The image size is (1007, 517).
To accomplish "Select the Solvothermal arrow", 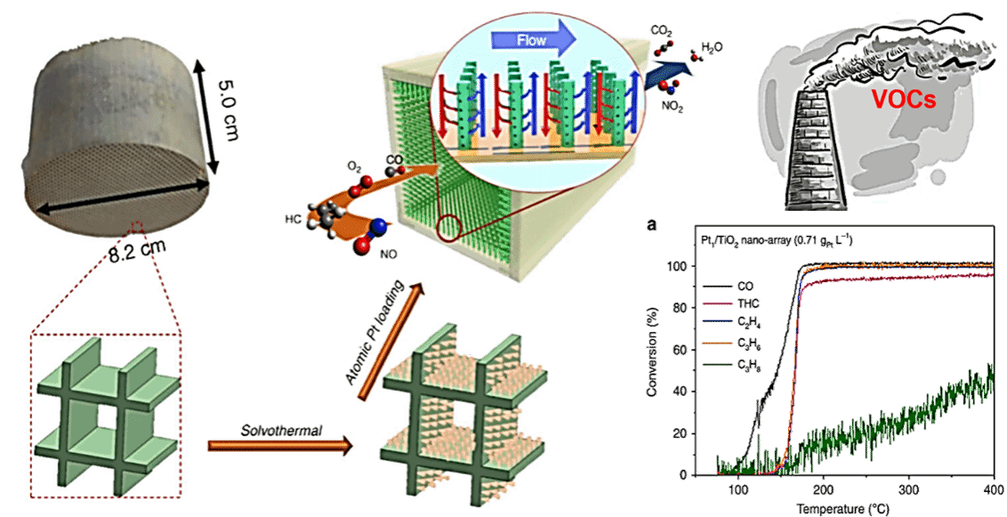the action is coord(280,445).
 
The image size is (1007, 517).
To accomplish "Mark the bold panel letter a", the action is coord(652,225).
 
